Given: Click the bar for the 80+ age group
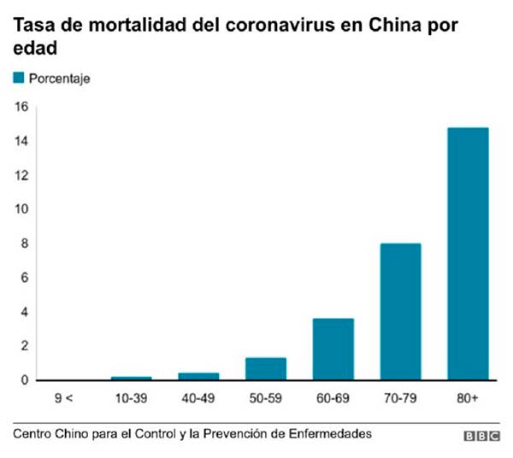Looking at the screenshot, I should (468, 254).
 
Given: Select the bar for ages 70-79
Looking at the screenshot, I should (400, 312).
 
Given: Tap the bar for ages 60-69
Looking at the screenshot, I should (333, 349).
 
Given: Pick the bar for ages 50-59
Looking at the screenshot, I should (266, 369).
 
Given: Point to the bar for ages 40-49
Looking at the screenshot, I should (198, 376).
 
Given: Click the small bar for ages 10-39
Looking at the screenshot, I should (132, 378).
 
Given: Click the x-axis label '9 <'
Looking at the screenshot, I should (64, 398).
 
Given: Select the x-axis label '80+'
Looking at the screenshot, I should (468, 398).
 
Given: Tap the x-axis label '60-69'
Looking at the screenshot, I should (333, 398).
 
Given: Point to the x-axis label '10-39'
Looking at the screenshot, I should (132, 398).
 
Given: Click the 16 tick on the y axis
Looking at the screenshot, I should (21, 107).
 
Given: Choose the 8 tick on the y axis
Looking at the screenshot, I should (25, 244).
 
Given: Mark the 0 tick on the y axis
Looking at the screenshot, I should (25, 380).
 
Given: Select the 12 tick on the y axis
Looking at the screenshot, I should (21, 175).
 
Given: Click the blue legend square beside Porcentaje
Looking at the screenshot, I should (19, 78).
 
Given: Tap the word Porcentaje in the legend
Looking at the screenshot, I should (60, 79).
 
